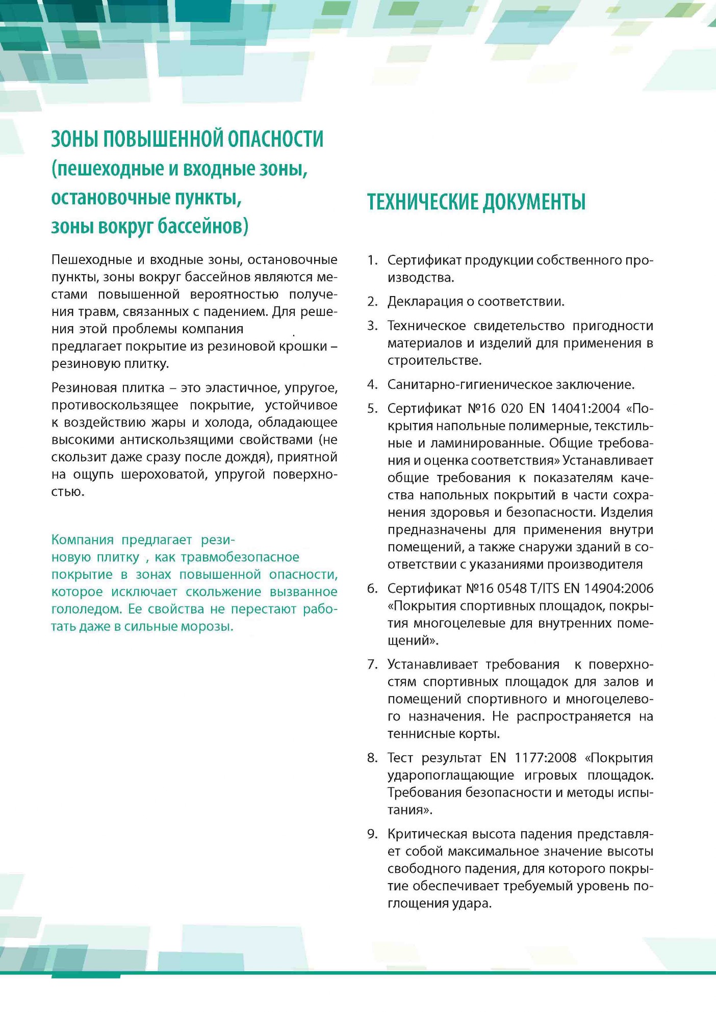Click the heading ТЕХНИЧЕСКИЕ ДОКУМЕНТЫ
(x=476, y=202)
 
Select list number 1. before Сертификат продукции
(x=372, y=260)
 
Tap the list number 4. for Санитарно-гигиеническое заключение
(x=372, y=385)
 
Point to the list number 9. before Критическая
(x=372, y=834)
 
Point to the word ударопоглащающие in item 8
(x=450, y=776)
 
